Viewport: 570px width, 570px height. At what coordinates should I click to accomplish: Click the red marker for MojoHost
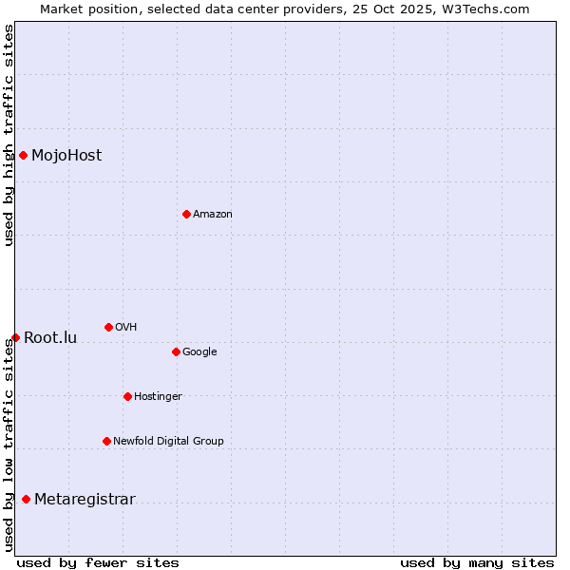23,155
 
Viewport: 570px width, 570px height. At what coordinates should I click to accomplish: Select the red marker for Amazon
186,214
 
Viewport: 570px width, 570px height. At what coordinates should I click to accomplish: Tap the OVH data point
108,327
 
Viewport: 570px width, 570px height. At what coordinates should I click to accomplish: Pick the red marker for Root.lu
15,337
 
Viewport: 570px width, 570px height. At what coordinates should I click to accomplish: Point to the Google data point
176,351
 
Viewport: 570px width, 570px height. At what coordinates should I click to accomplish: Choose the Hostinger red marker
127,396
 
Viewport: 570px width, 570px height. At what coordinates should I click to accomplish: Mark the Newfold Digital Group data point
106,441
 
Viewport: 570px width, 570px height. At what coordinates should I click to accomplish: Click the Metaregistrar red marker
26,499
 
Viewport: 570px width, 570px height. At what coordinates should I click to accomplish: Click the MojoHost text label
66,155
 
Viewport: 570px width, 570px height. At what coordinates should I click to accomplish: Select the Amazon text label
213,214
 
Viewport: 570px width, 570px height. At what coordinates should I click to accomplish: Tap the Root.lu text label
50,337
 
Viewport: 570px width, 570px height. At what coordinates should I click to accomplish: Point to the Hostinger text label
158,396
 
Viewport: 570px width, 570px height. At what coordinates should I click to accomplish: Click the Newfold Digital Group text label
168,441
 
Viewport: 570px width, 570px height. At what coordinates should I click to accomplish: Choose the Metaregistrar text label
85,499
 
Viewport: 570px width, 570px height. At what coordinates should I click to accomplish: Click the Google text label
199,351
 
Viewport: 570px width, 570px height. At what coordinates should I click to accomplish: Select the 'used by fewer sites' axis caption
98,562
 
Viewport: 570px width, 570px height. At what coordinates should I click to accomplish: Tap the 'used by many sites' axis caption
477,562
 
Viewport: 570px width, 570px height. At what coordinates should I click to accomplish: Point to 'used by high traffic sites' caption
9,135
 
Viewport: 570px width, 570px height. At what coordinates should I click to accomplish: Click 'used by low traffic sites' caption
9,444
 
